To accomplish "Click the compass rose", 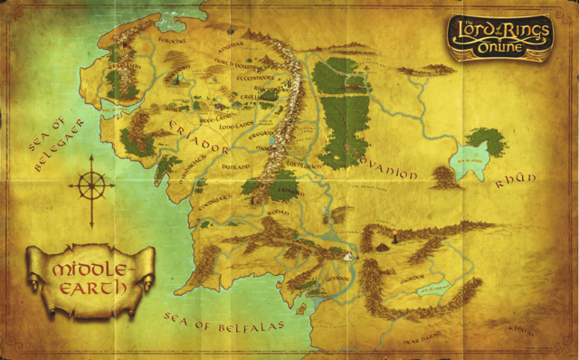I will [x=91, y=187].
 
